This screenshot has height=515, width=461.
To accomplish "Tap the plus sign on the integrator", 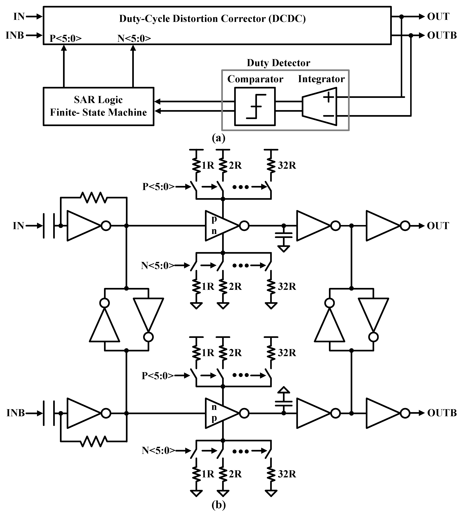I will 328,97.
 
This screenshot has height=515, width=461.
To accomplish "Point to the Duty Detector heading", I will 278,63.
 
